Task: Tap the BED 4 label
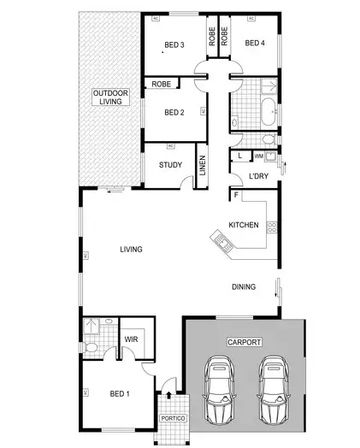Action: click(255, 43)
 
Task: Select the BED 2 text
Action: click(174, 112)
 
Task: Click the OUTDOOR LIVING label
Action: click(108, 97)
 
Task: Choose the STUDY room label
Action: click(171, 165)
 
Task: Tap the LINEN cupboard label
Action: click(203, 165)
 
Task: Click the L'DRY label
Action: click(258, 177)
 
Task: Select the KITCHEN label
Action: click(243, 225)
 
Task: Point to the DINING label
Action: click(243, 287)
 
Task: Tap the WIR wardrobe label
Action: click(131, 339)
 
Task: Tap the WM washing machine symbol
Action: click(259, 156)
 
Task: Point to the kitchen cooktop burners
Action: click(273, 227)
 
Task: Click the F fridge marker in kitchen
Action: click(235, 196)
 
